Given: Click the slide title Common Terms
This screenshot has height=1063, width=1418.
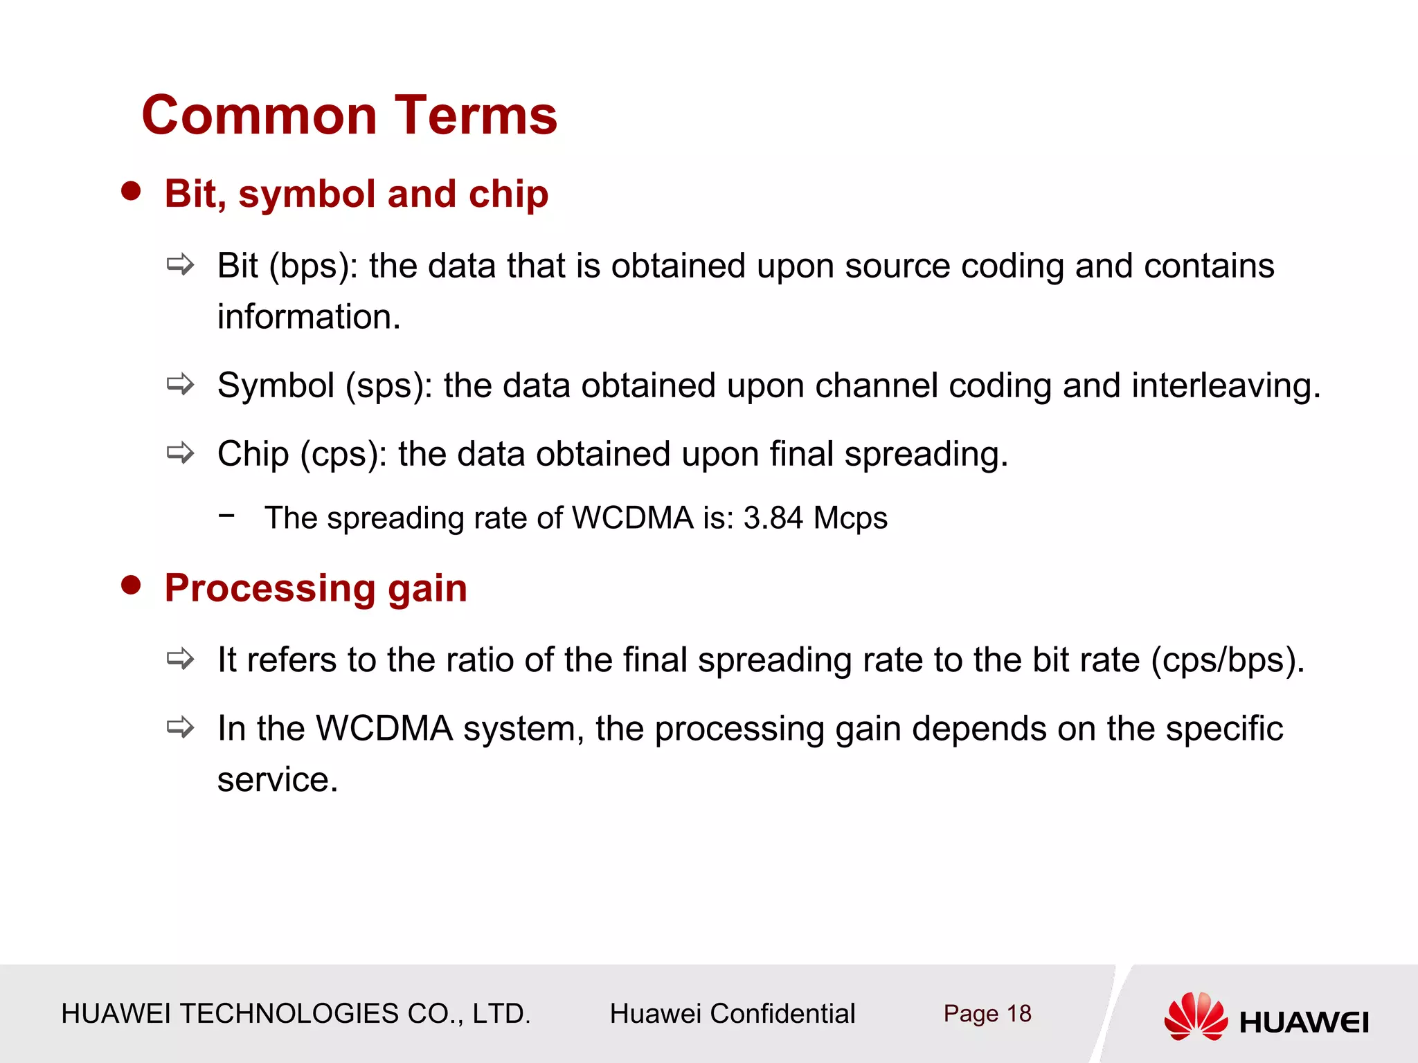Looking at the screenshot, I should pos(350,116).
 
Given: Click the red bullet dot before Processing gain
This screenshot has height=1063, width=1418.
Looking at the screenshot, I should pos(131,585).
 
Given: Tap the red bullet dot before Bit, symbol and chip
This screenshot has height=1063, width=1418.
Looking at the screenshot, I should pos(131,191).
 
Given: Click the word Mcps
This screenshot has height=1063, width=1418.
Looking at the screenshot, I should pos(850,518).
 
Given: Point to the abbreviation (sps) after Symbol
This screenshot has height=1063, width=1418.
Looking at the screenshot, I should pos(388,386).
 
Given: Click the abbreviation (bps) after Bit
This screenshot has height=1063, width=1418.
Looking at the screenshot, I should pos(312,266).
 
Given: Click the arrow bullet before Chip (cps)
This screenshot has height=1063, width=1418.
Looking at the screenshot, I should pos(181,453).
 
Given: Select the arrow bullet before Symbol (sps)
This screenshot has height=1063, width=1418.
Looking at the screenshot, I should pos(181,384).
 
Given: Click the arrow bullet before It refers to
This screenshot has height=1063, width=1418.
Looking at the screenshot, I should pos(181,658).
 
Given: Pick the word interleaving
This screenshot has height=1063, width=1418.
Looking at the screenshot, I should pos(1226,386).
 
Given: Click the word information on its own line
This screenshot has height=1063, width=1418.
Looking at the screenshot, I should pos(309,317).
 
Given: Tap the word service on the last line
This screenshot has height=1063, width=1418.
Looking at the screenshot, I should pos(277,780).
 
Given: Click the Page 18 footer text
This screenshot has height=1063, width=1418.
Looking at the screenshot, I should pos(987,1014).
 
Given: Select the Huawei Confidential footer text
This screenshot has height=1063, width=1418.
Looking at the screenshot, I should pos(732,1014).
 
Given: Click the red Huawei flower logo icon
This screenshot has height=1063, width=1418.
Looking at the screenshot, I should pos(1196,1016).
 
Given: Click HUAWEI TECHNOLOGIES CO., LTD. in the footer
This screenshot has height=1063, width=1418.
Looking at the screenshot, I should pos(296,1014).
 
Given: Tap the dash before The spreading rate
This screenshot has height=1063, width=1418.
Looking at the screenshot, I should pos(226,515).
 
